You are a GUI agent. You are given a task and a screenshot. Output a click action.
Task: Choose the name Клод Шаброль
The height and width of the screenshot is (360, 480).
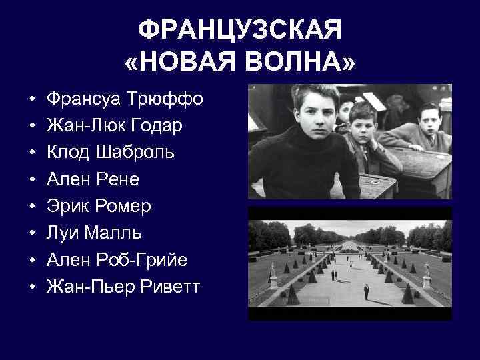[x=111, y=152]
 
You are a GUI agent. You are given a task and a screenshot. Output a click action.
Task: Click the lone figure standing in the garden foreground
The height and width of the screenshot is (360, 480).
[x=365, y=291]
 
